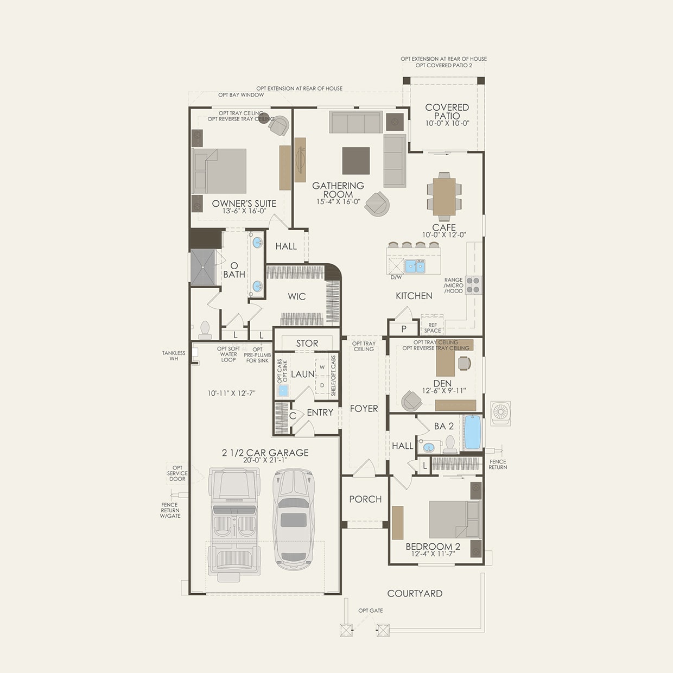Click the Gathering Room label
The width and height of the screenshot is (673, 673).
(x=338, y=190)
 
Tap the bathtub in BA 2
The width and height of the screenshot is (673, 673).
(x=473, y=433)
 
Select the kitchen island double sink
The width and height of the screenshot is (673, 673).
(x=415, y=266)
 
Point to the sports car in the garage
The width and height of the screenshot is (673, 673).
(x=293, y=515)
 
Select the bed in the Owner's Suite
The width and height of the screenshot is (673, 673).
(x=220, y=171)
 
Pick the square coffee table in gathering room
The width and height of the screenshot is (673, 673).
(x=356, y=161)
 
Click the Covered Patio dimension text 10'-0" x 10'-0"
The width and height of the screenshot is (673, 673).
(x=447, y=123)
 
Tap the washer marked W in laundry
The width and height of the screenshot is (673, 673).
(x=322, y=367)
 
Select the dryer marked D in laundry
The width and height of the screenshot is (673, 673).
(x=322, y=385)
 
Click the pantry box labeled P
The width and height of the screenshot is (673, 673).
(x=403, y=329)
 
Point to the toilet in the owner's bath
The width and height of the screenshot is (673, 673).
(x=205, y=329)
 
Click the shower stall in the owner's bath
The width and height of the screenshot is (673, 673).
(x=202, y=268)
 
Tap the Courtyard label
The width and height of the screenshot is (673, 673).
(x=415, y=593)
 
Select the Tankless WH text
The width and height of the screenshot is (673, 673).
(x=174, y=355)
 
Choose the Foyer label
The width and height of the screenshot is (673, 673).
(x=364, y=409)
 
